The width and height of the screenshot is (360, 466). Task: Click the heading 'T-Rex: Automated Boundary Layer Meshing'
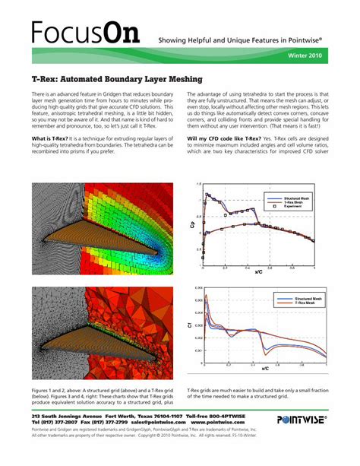(x=117, y=78)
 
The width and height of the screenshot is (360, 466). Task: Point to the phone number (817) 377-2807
(x=57, y=423)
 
